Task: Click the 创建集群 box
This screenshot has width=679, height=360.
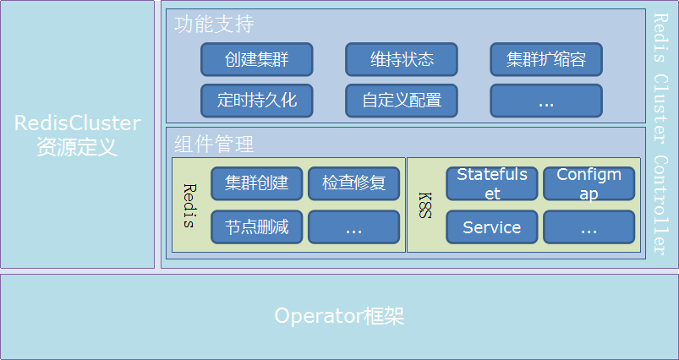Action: (256, 59)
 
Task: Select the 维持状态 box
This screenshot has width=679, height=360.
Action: (402, 59)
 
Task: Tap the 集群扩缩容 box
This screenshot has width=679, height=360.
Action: (546, 59)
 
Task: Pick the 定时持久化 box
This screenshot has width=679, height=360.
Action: (256, 100)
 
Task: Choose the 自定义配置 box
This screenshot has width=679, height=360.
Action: (402, 100)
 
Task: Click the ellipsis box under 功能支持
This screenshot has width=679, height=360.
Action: (546, 100)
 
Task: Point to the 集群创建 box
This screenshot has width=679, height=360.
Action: (256, 183)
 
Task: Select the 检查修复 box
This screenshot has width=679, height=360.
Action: (353, 183)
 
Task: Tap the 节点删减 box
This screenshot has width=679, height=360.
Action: (256, 226)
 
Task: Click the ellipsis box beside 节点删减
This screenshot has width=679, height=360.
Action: (353, 226)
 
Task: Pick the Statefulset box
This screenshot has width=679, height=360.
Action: (492, 183)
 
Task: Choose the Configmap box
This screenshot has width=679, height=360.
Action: (589, 183)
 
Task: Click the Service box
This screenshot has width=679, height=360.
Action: (492, 226)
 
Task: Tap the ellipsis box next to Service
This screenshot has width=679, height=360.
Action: (589, 226)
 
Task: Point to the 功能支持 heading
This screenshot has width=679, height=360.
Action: (214, 24)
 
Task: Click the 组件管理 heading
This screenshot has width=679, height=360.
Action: (214, 144)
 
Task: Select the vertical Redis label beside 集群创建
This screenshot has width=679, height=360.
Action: (189, 205)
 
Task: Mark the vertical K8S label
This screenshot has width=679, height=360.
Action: (424, 205)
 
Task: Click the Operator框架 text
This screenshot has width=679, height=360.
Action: (339, 317)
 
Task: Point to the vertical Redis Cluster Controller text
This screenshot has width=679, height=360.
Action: (662, 135)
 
